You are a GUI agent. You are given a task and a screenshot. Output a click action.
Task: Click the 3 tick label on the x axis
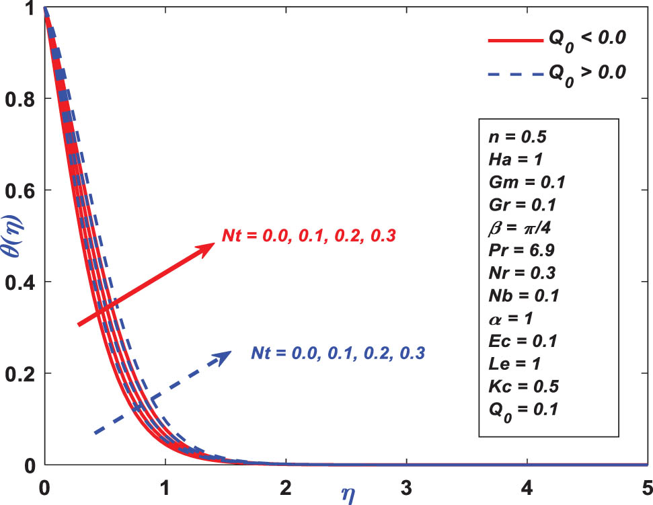pos(406,486)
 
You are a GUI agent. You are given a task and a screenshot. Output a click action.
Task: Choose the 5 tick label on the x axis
pos(646,486)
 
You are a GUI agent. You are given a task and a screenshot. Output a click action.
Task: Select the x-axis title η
pos(346,494)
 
